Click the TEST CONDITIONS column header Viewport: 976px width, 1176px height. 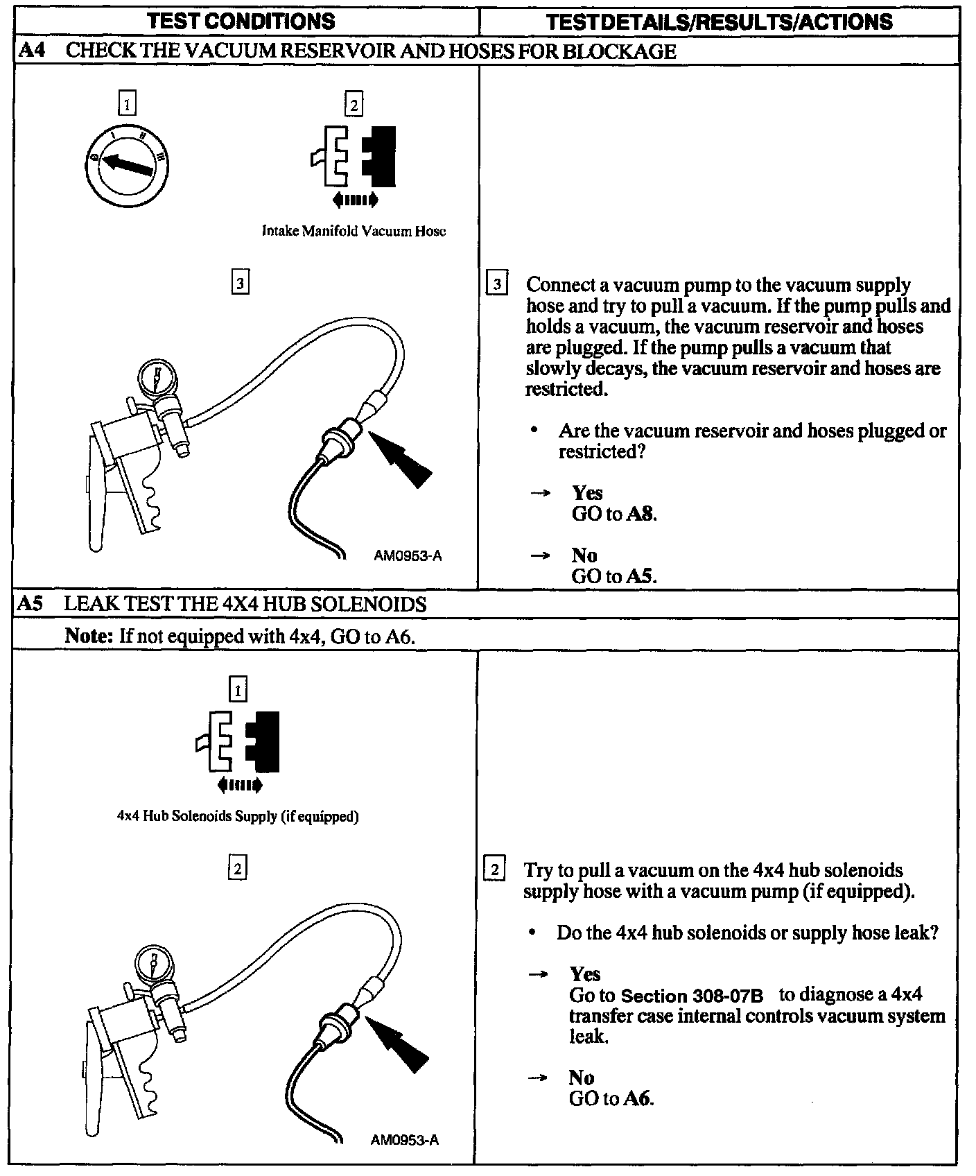point(242,21)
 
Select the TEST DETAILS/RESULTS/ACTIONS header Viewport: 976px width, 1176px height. point(719,21)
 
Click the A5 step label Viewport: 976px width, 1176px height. point(31,603)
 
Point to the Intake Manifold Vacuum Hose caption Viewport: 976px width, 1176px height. point(354,231)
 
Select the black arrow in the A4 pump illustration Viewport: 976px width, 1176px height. point(401,458)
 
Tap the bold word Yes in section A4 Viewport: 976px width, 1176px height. point(587,492)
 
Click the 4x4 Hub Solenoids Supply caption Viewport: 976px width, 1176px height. point(238,816)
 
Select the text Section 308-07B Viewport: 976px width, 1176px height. point(692,996)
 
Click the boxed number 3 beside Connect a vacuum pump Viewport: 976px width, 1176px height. point(497,285)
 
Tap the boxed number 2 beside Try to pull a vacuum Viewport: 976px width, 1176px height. point(494,870)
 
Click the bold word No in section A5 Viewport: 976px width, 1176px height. point(581,1077)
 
